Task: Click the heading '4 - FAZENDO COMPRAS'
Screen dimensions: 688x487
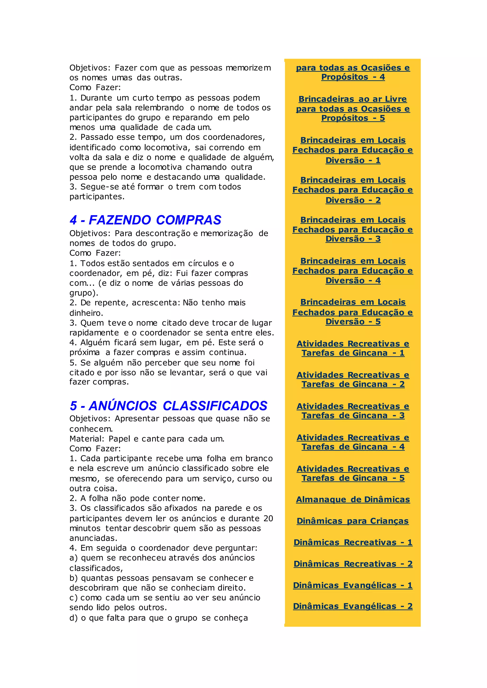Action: click(x=146, y=220)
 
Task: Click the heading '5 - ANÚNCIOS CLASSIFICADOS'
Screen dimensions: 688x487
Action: click(x=169, y=406)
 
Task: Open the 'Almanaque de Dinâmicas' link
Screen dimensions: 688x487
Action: click(x=353, y=500)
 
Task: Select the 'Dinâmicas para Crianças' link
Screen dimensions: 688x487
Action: click(x=352, y=521)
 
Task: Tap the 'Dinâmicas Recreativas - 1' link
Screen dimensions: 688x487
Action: click(x=353, y=542)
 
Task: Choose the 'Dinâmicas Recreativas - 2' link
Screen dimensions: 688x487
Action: click(x=353, y=564)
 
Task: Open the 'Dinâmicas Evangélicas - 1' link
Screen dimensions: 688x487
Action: click(x=353, y=585)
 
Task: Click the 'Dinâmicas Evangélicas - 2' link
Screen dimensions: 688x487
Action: click(x=353, y=606)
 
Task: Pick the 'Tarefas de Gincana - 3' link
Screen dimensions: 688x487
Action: click(x=353, y=416)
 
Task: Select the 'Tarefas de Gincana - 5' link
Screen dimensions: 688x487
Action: click(x=353, y=478)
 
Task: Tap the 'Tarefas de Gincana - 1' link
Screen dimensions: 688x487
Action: click(x=353, y=353)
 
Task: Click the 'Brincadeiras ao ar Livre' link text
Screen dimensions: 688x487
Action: click(x=353, y=99)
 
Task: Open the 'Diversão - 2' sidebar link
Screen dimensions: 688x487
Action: click(x=353, y=200)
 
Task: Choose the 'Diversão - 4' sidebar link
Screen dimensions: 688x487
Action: click(x=353, y=281)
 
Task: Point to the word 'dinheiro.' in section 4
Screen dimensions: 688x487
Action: click(x=86, y=313)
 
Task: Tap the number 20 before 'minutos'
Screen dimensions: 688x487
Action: click(x=268, y=519)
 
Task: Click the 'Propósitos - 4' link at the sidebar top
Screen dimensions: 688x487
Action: click(x=353, y=77)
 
